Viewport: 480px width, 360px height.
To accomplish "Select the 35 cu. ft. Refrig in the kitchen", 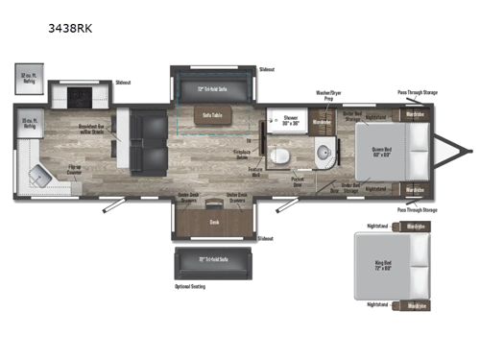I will (x=30, y=123).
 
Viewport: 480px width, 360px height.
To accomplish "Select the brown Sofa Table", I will (x=212, y=115).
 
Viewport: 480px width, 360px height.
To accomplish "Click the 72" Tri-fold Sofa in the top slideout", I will (x=211, y=87).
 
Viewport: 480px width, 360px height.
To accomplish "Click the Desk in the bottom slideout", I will (x=214, y=220).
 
